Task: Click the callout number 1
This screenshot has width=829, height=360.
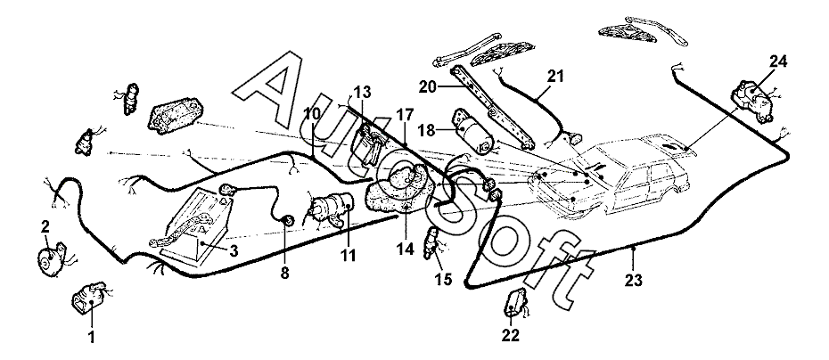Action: click(x=90, y=338)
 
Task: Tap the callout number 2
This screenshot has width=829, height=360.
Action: click(x=45, y=226)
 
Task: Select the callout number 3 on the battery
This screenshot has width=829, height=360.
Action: click(x=234, y=251)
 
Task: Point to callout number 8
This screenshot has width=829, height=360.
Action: click(x=285, y=273)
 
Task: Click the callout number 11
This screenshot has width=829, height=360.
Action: click(x=348, y=256)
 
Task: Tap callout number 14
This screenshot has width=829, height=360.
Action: click(x=406, y=250)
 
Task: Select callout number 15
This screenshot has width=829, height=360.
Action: click(x=444, y=279)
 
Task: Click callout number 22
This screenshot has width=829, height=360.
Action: click(x=509, y=336)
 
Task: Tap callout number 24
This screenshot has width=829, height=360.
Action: click(x=778, y=61)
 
